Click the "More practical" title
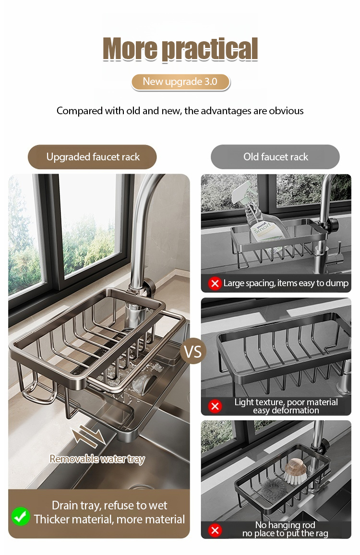click(180, 49)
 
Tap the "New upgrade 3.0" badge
click(180, 82)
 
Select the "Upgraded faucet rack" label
click(92, 157)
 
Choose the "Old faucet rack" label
click(276, 157)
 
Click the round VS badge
click(193, 351)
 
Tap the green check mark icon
click(21, 516)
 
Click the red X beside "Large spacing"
click(215, 283)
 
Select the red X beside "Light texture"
click(215, 406)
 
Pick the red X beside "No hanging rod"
click(215, 530)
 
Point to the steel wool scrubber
click(273, 490)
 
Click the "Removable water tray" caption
click(97, 459)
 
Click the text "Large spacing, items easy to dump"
click(286, 283)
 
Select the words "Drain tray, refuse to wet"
click(109, 505)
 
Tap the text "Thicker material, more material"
click(109, 519)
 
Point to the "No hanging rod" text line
click(285, 525)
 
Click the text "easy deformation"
click(286, 410)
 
